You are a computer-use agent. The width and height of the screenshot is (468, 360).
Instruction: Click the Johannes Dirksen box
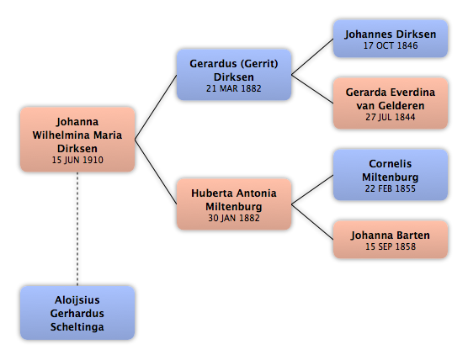click(x=391, y=39)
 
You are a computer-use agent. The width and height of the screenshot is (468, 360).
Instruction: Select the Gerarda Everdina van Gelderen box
click(x=391, y=103)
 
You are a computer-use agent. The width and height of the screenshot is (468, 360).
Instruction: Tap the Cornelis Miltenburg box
click(x=391, y=175)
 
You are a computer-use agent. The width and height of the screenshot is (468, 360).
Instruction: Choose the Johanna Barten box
click(x=391, y=240)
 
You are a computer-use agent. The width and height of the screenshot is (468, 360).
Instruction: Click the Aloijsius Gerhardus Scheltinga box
click(x=77, y=313)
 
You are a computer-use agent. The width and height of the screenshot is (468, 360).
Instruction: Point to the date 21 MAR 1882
click(x=234, y=88)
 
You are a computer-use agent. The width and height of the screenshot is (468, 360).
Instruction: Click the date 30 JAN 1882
click(x=234, y=218)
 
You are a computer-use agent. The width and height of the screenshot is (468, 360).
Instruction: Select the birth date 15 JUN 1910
click(x=77, y=160)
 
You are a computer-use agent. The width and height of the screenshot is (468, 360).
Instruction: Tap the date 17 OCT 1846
click(x=391, y=45)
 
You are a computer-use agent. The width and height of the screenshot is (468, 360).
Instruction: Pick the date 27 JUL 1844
click(x=391, y=117)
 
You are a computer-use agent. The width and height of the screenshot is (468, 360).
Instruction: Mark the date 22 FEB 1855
click(x=391, y=188)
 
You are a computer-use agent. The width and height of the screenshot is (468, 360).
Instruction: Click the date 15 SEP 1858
click(x=391, y=246)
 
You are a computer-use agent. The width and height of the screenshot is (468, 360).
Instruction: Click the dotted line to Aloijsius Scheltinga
click(x=77, y=229)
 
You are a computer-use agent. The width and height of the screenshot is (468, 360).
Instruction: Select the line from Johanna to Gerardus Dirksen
click(x=156, y=107)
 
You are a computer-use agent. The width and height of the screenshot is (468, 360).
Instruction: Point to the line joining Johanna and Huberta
click(x=156, y=172)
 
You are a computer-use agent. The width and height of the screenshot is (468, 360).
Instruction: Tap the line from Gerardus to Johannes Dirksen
click(x=312, y=56)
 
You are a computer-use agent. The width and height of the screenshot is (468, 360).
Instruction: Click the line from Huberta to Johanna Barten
click(x=312, y=222)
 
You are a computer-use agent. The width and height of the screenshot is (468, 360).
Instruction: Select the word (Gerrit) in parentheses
click(x=259, y=64)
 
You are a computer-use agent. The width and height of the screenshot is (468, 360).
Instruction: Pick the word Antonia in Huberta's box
click(x=258, y=193)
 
